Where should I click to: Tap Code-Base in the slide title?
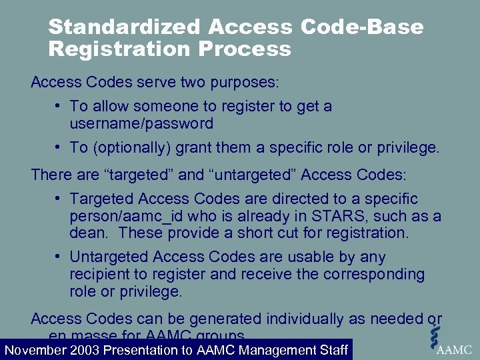tap(362, 27)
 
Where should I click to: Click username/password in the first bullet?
tap(141, 123)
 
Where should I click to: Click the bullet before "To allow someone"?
tap(59, 107)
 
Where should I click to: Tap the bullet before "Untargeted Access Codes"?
tap(59, 257)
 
